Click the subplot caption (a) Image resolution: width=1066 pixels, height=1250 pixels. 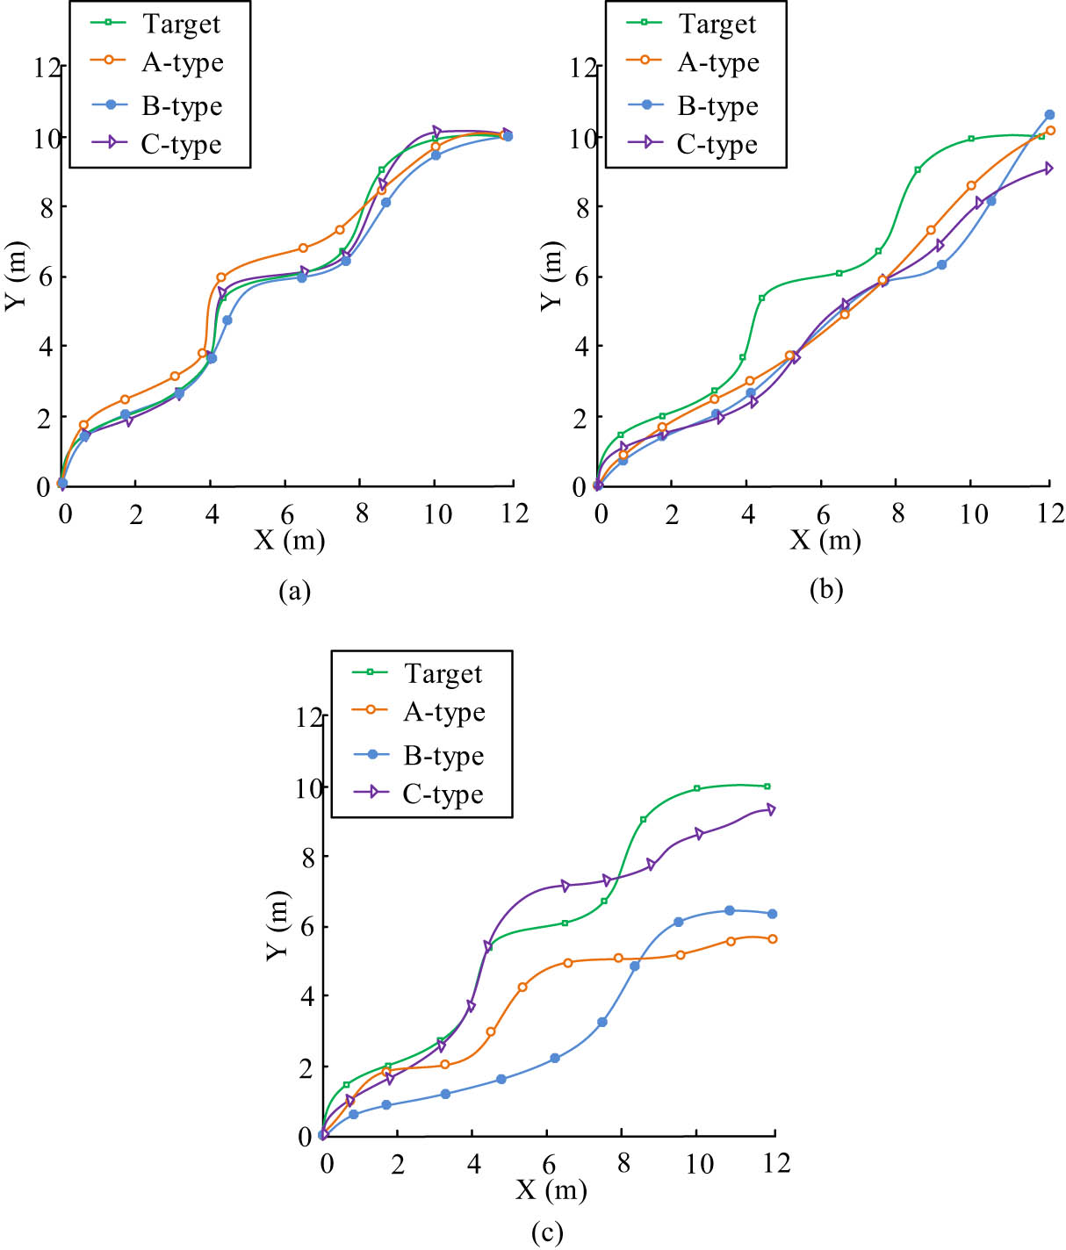294,591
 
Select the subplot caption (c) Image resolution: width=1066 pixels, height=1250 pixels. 547,1233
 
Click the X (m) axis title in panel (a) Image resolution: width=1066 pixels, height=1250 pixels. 290,539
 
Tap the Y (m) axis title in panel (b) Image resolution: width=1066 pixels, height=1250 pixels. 551,276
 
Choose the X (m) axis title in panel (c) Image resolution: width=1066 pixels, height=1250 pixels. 551,1189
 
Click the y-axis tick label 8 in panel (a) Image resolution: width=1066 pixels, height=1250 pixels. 41,207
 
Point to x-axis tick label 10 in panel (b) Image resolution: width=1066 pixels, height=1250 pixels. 973,514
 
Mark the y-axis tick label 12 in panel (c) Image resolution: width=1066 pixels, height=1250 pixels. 309,717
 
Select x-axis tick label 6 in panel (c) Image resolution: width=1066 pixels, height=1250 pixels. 549,1164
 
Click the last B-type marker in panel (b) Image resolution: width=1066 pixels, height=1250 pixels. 1049,115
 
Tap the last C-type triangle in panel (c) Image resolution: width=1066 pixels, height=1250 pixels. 772,809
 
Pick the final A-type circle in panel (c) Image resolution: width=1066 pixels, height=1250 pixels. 773,938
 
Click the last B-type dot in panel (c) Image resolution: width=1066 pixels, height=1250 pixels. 773,914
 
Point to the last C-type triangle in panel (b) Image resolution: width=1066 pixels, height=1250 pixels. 1048,169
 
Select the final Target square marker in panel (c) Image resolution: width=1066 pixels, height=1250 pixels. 767,786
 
